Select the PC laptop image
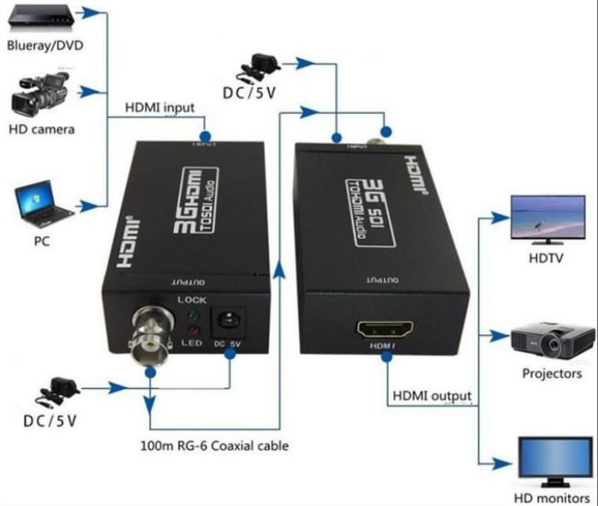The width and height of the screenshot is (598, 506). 40,205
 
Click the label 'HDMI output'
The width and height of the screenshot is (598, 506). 431,395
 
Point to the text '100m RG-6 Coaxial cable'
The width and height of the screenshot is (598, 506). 214,445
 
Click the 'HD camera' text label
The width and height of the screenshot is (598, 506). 42,129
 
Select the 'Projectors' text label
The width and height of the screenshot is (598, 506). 551,374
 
